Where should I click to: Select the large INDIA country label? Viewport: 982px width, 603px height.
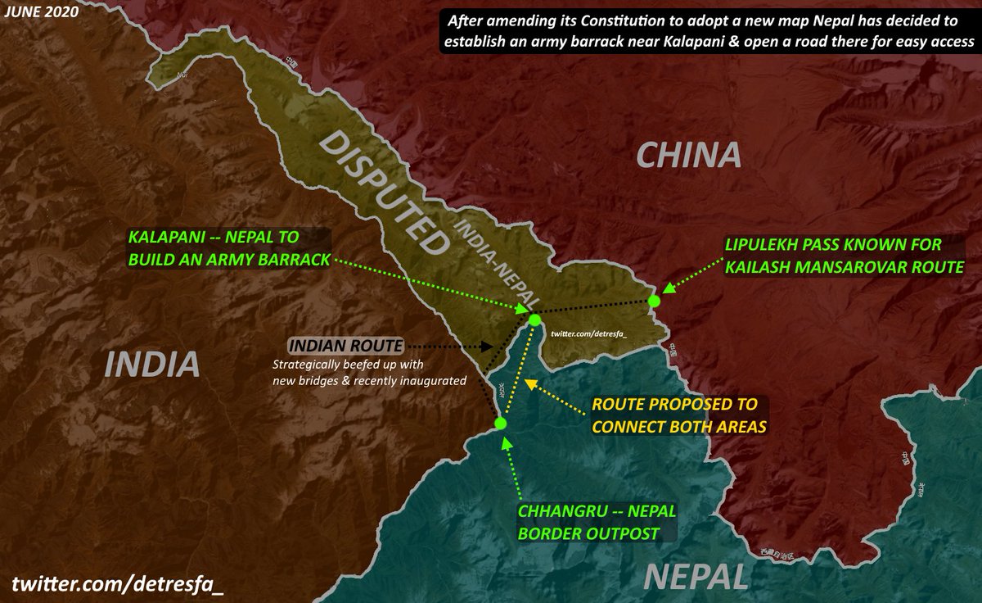[153, 364]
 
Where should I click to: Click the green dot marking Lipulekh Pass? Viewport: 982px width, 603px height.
[653, 301]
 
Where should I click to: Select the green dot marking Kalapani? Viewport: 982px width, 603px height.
[534, 320]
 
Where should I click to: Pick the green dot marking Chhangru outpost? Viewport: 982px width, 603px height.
[501, 423]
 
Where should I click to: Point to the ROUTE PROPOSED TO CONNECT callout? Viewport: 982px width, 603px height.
[675, 415]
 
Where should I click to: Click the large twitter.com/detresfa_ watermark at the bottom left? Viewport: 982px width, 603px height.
[118, 583]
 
